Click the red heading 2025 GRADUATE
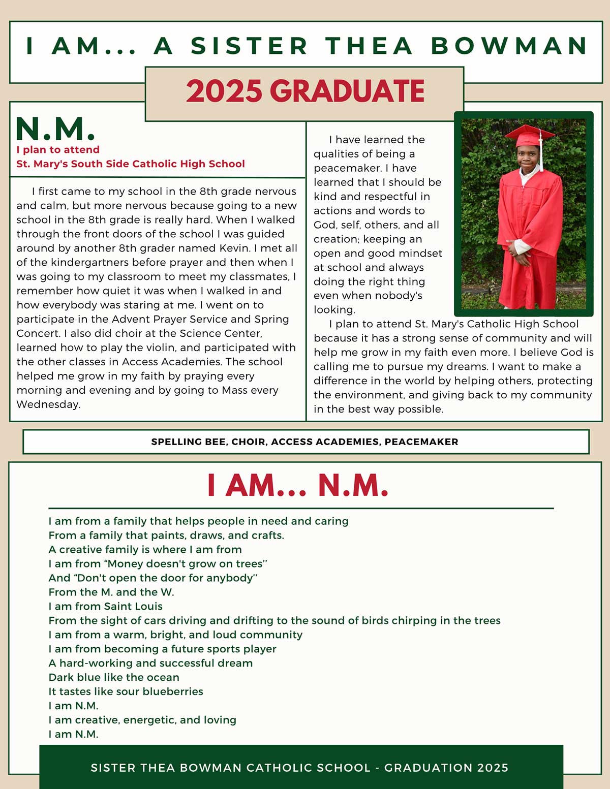305,91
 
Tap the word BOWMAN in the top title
509,46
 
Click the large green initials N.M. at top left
55,129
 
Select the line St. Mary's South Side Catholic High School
131,164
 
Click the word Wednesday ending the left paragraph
48,404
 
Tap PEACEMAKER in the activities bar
421,442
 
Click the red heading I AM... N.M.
298,486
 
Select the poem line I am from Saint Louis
105,606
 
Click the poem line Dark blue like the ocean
114,677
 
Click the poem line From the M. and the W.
111,592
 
